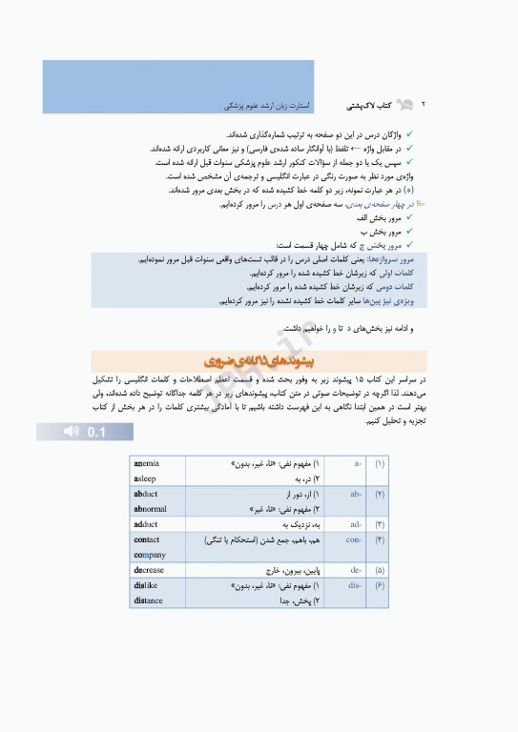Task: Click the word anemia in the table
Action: [x=147, y=463]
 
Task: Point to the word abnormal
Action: [x=151, y=509]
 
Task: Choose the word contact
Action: [x=147, y=539]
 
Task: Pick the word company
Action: [x=150, y=555]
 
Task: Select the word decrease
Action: [x=150, y=570]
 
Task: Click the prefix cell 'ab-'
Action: [x=355, y=495]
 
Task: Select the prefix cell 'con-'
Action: [x=354, y=539]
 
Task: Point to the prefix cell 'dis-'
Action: [x=355, y=585]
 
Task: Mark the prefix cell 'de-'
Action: [x=356, y=570]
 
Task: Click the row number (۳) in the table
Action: [x=379, y=524]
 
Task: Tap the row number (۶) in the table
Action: [x=379, y=585]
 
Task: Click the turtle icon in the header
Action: [x=404, y=100]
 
